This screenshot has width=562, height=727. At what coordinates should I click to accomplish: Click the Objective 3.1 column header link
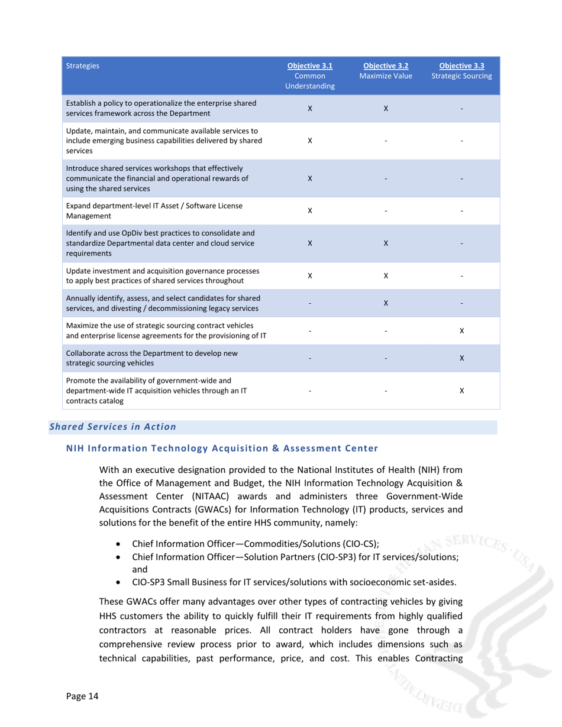pyautogui.click(x=310, y=66)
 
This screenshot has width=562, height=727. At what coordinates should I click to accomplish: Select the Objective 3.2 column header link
pyautogui.click(x=386, y=66)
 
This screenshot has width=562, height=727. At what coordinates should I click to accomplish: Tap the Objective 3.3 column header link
pyautogui.click(x=461, y=66)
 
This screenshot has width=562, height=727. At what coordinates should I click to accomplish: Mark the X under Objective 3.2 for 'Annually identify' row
pyautogui.click(x=386, y=303)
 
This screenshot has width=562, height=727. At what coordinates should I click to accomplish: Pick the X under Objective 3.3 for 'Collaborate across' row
pyautogui.click(x=461, y=358)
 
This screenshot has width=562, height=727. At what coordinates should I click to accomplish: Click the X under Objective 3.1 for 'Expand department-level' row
pyautogui.click(x=310, y=210)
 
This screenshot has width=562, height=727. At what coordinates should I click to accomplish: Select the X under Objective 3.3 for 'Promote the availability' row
pyautogui.click(x=461, y=391)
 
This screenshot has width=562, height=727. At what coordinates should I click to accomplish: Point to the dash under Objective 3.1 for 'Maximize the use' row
pyautogui.click(x=310, y=332)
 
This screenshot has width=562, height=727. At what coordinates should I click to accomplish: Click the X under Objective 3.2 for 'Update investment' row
pyautogui.click(x=386, y=275)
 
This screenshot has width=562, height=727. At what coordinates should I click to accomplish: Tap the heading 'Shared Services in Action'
pyautogui.click(x=112, y=427)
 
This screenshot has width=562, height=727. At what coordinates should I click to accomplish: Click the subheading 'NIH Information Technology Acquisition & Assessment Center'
pyautogui.click(x=221, y=448)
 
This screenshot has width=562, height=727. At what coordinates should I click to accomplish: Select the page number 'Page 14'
pyautogui.click(x=82, y=696)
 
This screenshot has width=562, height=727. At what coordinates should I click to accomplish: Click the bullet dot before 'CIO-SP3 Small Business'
pyautogui.click(x=120, y=582)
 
